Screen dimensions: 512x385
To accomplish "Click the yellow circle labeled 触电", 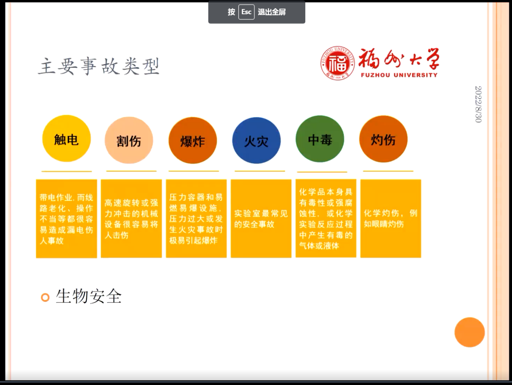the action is click(67, 139).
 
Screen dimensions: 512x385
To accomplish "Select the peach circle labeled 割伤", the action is click(129, 140).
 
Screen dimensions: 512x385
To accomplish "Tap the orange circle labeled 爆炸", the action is click(193, 140).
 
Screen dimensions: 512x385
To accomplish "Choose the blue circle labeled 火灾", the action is click(256, 140).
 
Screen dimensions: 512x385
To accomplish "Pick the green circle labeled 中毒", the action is click(320, 139).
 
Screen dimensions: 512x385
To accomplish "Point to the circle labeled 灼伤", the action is click(383, 139).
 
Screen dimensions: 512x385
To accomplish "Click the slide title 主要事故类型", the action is click(99, 66).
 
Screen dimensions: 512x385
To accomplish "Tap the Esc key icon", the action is click(246, 12).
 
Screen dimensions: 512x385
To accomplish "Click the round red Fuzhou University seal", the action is click(338, 63).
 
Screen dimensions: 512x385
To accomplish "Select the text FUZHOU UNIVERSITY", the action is click(399, 75).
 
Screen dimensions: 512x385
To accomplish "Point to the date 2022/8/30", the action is click(478, 104).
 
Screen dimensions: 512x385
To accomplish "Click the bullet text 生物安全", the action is click(89, 297).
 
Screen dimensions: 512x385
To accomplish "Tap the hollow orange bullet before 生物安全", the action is click(45, 297).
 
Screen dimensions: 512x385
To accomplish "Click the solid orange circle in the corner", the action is click(470, 332).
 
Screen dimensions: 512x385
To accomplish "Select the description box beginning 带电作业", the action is click(67, 219).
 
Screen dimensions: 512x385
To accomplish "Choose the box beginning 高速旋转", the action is click(131, 219).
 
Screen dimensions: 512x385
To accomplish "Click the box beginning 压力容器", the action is click(196, 219).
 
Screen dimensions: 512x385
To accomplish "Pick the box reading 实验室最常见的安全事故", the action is click(261, 219).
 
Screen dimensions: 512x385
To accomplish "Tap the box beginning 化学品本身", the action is click(326, 219).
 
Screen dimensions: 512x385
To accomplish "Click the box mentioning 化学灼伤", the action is click(391, 219).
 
